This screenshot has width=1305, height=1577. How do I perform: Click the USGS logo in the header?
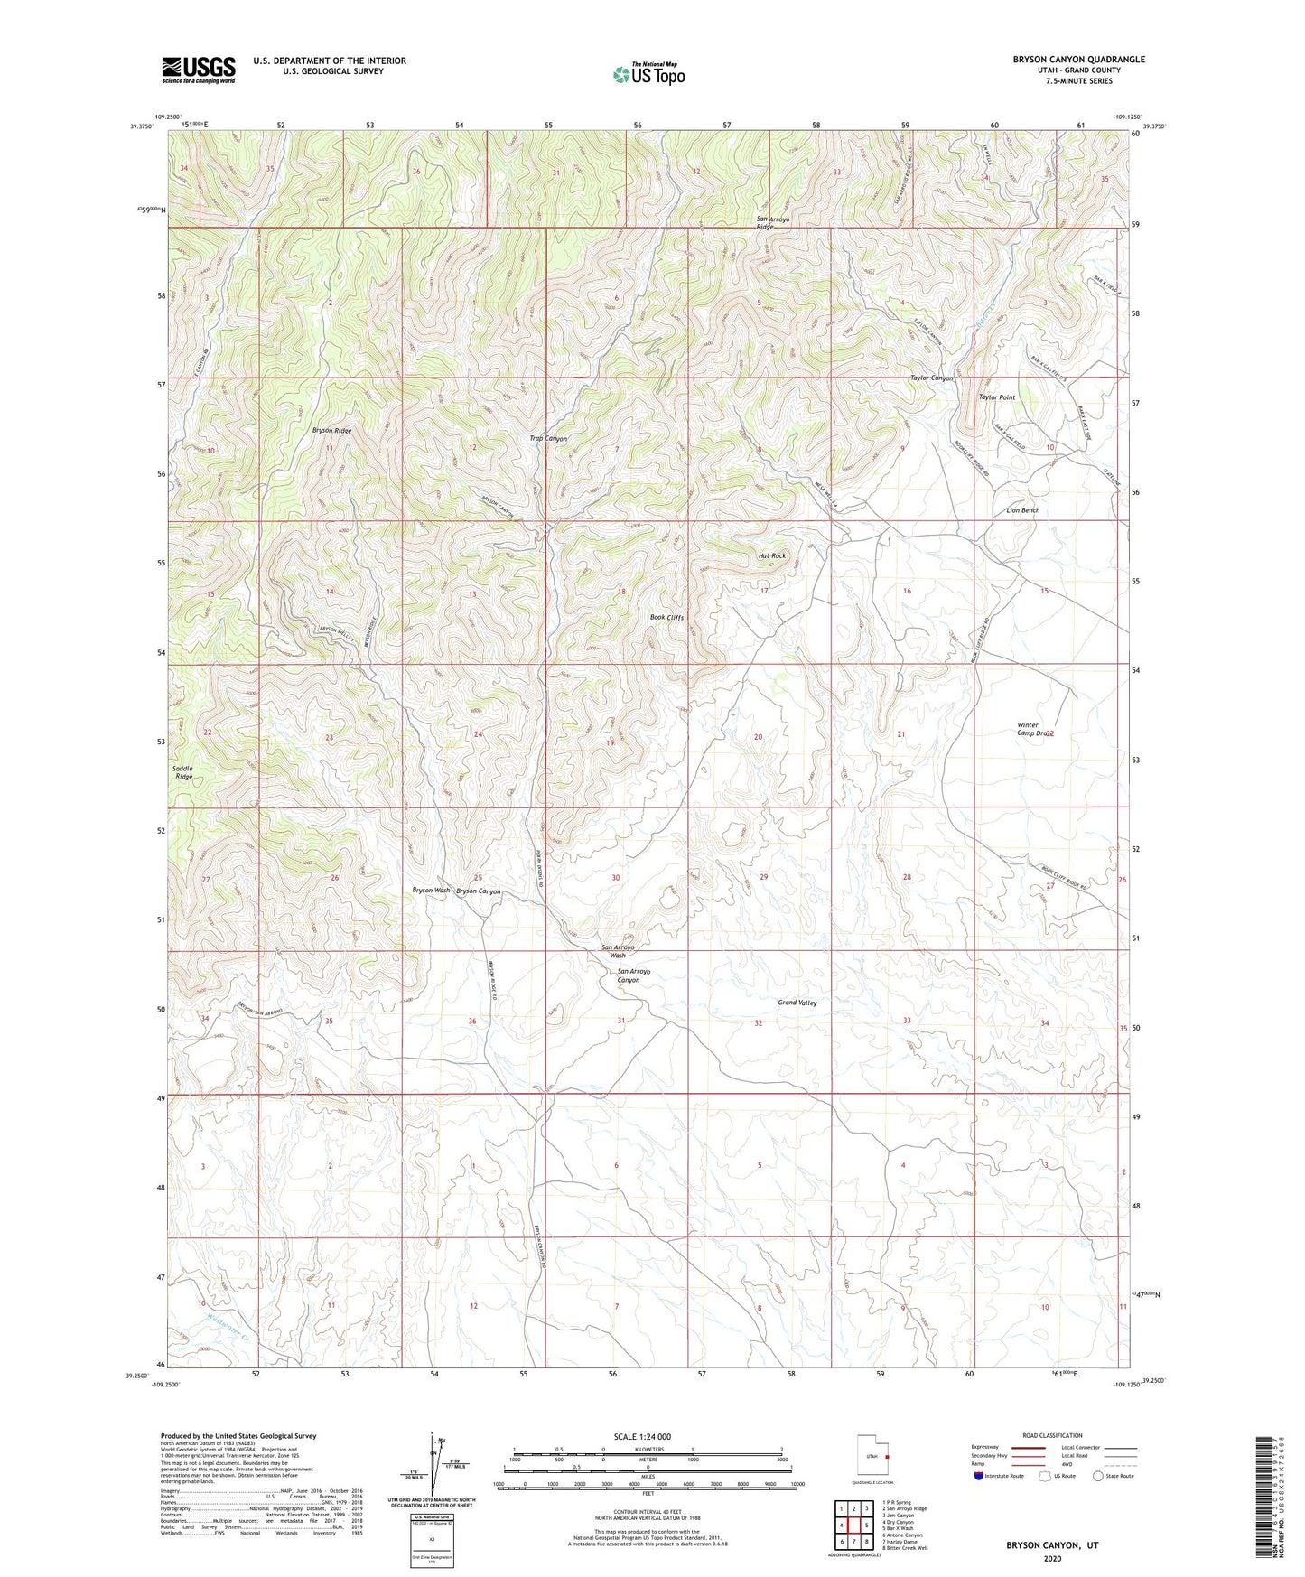pos(198,70)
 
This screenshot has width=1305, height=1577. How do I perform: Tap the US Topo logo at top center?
pos(648,73)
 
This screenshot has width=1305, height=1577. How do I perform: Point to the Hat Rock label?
pos(771,556)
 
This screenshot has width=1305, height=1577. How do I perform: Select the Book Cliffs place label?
pos(667,618)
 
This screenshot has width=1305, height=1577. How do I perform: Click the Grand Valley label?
pos(797,1003)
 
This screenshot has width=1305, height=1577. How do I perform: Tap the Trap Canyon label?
pos(548,439)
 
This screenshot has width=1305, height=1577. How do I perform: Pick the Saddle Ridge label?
pos(183,772)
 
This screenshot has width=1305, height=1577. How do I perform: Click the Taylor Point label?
pos(997,397)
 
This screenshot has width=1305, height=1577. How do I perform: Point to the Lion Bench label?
pos(1022,510)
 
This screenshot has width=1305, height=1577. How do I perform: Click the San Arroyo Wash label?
pos(618,951)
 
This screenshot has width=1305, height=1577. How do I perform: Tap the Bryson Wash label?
pos(431,891)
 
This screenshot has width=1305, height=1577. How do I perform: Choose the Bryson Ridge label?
pos(331,431)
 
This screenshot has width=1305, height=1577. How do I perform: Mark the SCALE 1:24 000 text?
pos(642,1437)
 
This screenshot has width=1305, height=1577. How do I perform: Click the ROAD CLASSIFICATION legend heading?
pos(1053,1435)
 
